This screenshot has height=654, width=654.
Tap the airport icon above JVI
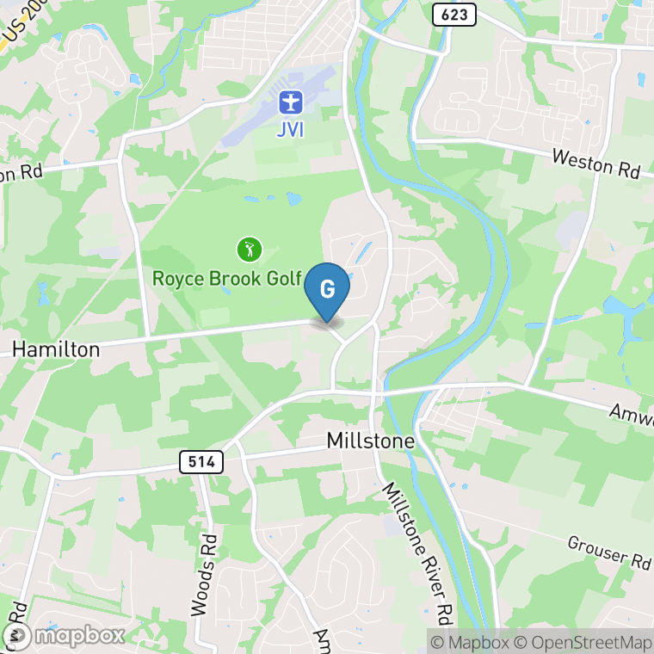pos(291,103)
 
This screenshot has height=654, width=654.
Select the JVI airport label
pos(291,131)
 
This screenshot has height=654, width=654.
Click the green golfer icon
pos(249,250)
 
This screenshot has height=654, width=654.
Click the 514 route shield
pos(202,461)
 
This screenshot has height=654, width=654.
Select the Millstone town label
pos(371,441)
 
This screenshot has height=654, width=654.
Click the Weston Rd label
pos(596,163)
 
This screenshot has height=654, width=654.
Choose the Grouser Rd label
pos(609,552)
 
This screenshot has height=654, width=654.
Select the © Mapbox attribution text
pos(471,642)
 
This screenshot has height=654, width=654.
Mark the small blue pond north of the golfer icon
pos(293,199)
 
